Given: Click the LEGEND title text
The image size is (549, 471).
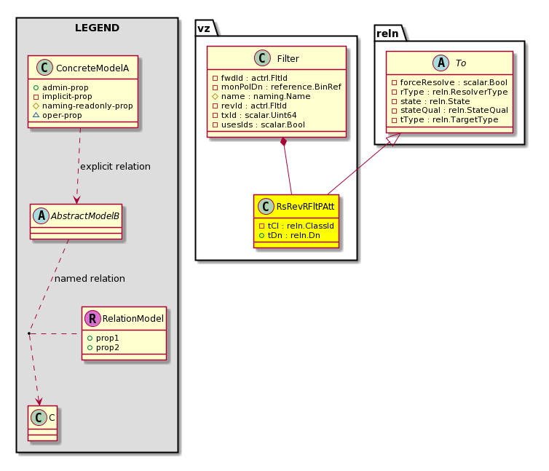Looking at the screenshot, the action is (97, 28).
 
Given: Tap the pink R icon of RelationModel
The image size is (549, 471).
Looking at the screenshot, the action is (92, 318).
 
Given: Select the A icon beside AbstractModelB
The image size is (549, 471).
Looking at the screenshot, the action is (42, 215).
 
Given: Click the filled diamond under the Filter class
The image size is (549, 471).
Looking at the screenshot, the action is (284, 142).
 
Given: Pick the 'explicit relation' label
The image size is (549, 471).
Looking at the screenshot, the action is (115, 166).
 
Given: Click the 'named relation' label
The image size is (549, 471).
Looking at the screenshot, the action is (90, 278).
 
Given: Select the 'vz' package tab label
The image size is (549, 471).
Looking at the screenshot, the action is (204, 28).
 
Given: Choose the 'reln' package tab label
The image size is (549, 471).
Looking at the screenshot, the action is (387, 33).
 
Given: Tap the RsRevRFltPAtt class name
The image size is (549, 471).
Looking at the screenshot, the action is (305, 207).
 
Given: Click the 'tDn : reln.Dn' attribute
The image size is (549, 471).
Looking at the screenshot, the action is (293, 235).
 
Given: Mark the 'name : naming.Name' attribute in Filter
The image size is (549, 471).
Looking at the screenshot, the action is (266, 96).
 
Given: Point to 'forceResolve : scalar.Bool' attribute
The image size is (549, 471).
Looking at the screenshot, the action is (454, 83).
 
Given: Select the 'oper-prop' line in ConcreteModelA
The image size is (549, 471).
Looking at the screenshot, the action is (62, 115).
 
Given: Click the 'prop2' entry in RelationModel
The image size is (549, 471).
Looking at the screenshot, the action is (108, 347).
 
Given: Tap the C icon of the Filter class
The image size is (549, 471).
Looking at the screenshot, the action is (262, 58).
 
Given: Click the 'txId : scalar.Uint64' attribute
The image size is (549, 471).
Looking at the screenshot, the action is (258, 115).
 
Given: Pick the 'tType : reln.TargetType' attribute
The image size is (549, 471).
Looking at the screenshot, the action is (449, 120).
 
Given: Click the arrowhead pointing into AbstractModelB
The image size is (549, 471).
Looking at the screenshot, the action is (76, 199).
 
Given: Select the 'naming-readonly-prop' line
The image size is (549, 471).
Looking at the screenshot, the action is (87, 106).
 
